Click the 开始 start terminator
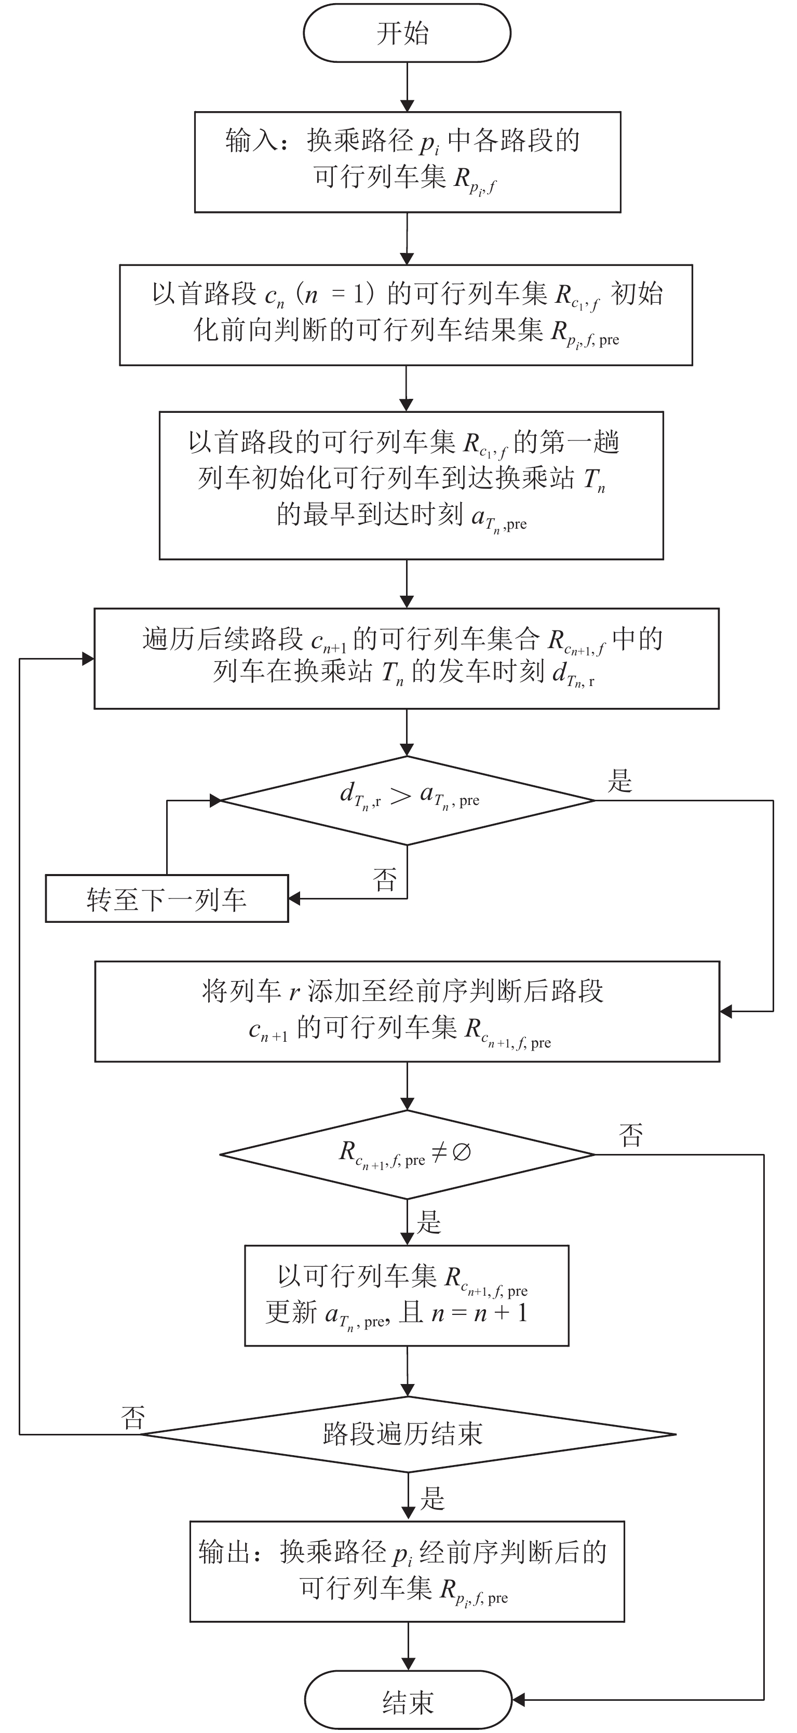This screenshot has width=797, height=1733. click(x=407, y=33)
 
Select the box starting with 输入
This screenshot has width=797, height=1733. click(x=408, y=162)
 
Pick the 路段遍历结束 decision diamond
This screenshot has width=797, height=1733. click(x=408, y=1434)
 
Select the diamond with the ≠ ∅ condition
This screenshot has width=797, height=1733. click(x=407, y=1154)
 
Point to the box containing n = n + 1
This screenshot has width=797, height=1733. click(x=407, y=1295)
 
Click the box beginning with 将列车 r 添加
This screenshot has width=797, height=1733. click(x=407, y=1011)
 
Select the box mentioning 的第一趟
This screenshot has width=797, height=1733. click(x=411, y=485)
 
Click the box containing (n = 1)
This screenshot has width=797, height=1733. click(x=406, y=315)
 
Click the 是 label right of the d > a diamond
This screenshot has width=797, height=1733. click(x=620, y=781)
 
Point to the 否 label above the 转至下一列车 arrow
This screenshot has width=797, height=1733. click(x=385, y=879)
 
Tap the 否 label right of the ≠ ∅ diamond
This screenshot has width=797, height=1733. click(x=631, y=1136)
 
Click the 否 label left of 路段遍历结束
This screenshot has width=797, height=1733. click(x=132, y=1418)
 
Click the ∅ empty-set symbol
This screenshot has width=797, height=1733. click(x=462, y=1153)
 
